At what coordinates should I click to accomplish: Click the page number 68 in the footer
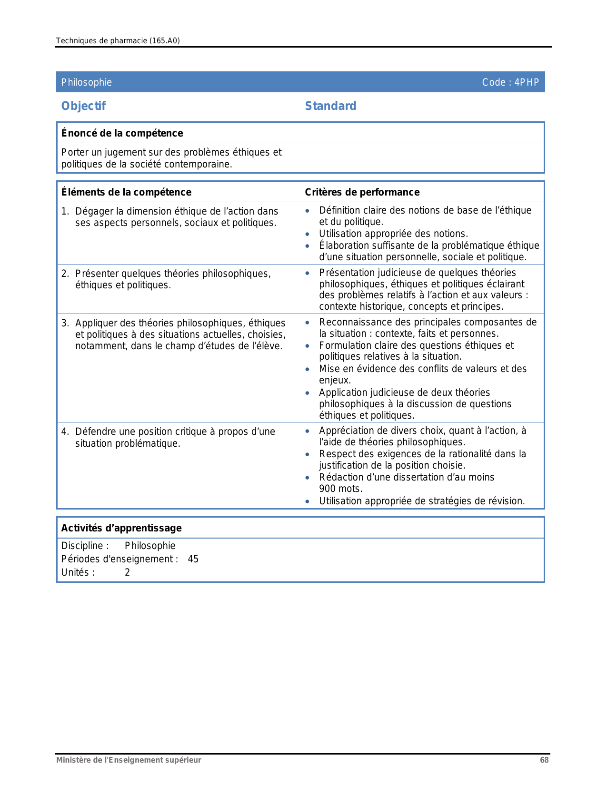tap(544, 760)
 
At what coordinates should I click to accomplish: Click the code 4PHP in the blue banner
tap(527, 82)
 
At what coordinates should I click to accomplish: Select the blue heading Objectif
tap(83, 106)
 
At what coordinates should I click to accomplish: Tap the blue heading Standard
tap(330, 106)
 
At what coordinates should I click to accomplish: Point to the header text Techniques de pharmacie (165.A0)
tap(118, 41)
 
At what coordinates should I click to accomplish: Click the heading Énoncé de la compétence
tap(122, 133)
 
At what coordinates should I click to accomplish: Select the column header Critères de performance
tap(362, 192)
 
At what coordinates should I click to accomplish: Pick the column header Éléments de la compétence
tap(126, 192)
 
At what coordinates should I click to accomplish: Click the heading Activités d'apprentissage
tap(121, 528)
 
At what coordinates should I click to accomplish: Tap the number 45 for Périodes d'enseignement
tap(193, 559)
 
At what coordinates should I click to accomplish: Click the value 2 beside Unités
tap(127, 572)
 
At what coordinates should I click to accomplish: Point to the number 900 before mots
tap(327, 489)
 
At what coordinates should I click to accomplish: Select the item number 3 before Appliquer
tap(64, 324)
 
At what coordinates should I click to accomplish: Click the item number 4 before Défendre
tap(65, 432)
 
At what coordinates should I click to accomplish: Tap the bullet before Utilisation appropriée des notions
tap(308, 234)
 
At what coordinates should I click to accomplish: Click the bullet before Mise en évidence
tap(308, 369)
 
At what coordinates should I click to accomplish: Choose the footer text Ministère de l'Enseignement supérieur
tap(129, 760)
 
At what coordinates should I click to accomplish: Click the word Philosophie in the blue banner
tap(86, 82)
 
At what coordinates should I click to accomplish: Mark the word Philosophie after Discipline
tap(150, 546)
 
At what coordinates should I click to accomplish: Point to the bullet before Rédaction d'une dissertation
tap(308, 478)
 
